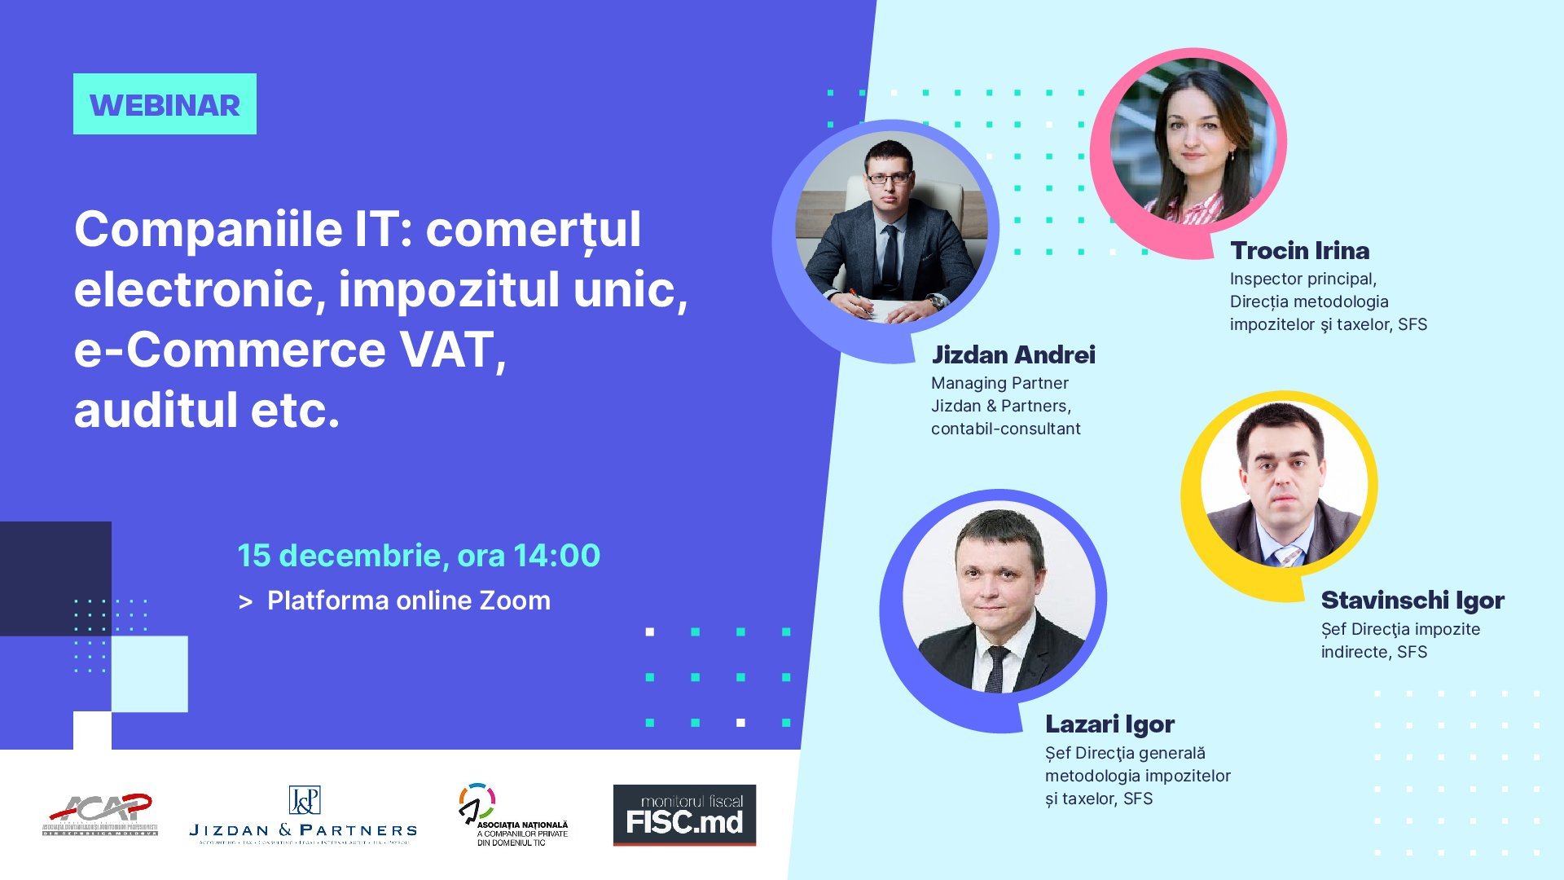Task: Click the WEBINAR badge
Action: (165, 104)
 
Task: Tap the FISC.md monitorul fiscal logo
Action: (684, 815)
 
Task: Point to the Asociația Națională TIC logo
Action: (513, 815)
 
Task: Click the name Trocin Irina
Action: (1299, 251)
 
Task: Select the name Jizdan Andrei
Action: (1013, 354)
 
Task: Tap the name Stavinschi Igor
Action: (1412, 601)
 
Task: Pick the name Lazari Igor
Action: (1109, 724)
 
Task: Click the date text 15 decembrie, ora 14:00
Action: (419, 556)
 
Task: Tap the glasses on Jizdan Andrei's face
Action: (888, 178)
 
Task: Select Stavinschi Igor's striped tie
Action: (1288, 557)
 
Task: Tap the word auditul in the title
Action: (156, 410)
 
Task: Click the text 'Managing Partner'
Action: (999, 383)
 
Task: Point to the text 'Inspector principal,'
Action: (1303, 279)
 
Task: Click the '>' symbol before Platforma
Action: (245, 602)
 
